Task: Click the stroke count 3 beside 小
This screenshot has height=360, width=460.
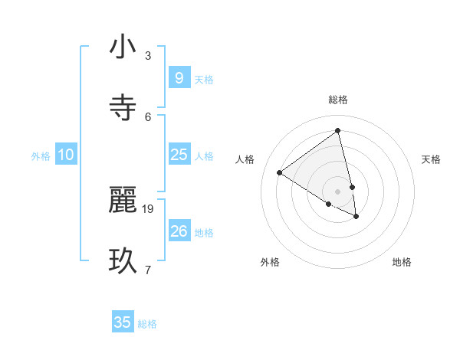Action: [148, 56]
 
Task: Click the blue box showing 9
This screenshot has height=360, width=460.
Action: [179, 77]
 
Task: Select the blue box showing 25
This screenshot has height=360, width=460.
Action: [179, 155]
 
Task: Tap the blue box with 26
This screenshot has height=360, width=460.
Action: [179, 231]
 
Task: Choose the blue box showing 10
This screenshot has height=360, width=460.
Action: [66, 155]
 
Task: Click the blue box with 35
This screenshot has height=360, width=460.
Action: [123, 322]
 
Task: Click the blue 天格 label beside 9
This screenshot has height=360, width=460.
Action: [204, 79]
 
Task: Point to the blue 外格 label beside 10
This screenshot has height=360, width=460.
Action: [41, 156]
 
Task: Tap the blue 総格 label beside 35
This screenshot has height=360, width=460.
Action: [147, 324]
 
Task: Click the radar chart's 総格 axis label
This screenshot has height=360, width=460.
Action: [338, 100]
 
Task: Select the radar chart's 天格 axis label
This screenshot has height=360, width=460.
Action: [432, 159]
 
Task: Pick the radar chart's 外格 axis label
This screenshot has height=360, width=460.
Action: [270, 262]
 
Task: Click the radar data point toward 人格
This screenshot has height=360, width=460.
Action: [280, 172]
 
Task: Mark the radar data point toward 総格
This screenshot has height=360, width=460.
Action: [338, 130]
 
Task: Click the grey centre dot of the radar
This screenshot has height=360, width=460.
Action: [338, 191]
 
